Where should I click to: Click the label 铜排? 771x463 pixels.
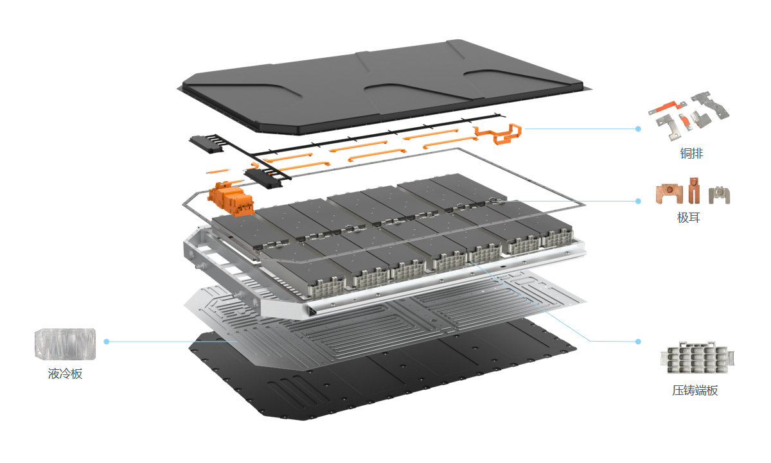tap(691, 153)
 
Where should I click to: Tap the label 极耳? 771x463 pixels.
tap(688, 218)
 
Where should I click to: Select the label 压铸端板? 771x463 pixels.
tap(695, 390)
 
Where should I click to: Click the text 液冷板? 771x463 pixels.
tap(65, 374)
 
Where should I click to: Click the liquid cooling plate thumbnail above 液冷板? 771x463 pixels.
tap(65, 344)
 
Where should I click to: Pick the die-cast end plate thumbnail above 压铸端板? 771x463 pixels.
tap(697, 358)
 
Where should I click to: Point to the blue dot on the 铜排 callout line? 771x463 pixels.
tap(638, 128)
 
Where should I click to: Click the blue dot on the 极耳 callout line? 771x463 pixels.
tap(638, 201)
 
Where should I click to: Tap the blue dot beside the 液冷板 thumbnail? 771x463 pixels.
tap(107, 342)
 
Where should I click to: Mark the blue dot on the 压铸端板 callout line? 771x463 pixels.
tap(638, 342)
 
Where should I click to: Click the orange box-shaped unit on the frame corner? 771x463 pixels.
tap(231, 199)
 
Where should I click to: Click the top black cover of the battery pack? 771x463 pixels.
tap(382, 86)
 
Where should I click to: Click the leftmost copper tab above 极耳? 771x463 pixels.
tap(669, 194)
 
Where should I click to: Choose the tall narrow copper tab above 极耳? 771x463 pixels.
tap(694, 190)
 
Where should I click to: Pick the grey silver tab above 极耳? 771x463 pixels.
tap(720, 195)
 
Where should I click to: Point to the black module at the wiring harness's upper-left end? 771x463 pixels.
tap(206, 144)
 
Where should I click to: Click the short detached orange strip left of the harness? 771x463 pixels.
tap(218, 171)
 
